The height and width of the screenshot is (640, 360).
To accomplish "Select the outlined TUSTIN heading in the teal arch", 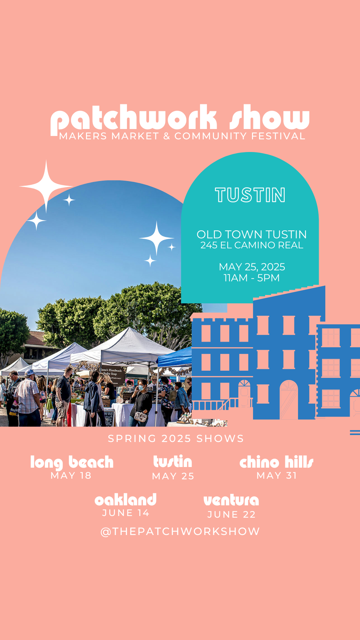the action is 250,195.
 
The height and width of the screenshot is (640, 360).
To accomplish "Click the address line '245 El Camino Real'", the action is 252,245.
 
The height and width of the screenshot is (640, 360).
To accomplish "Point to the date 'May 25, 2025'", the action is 252,267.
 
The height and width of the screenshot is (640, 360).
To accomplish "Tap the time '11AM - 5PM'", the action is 252,278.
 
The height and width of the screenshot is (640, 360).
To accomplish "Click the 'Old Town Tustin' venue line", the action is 252,234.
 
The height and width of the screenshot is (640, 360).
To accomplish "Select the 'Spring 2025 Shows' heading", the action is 176,438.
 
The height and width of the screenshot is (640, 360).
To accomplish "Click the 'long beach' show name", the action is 72,462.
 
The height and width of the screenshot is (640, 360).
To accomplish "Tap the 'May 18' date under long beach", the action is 71,476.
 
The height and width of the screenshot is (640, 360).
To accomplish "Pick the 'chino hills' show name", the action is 276,462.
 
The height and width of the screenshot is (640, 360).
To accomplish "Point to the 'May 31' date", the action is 277,476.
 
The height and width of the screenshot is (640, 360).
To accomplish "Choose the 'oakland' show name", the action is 126,500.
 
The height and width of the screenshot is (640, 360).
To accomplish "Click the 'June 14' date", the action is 126,513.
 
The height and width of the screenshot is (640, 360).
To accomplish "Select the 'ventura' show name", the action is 231,500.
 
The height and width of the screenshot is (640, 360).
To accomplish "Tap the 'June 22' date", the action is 231,515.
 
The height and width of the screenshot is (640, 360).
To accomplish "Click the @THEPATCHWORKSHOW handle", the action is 180,531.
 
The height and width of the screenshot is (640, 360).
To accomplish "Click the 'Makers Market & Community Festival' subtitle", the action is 182,136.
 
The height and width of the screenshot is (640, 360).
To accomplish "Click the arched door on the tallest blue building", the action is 289,400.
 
